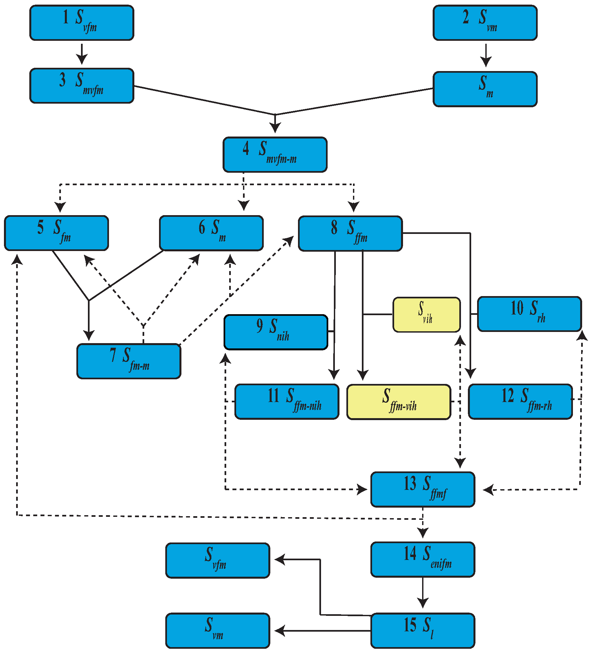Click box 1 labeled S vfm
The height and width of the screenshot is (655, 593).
click(x=82, y=23)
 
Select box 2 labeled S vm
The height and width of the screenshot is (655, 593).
click(x=485, y=23)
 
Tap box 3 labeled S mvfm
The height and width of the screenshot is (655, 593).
click(x=82, y=86)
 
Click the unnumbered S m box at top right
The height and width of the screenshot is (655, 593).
click(x=485, y=89)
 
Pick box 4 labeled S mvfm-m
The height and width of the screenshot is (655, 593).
click(x=275, y=155)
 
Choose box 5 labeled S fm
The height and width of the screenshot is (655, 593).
click(x=56, y=233)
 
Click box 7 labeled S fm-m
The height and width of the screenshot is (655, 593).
click(x=129, y=361)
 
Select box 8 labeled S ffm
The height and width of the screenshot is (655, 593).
click(x=350, y=234)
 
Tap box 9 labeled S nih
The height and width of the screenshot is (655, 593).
click(x=276, y=332)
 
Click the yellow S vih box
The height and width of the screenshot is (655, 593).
click(x=426, y=315)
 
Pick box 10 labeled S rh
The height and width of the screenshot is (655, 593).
click(x=529, y=314)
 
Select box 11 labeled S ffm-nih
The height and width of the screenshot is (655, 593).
click(x=287, y=401)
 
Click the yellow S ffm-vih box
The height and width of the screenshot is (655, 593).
click(x=398, y=402)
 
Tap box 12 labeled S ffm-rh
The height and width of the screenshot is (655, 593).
click(x=520, y=401)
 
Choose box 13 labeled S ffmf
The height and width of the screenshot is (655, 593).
click(x=422, y=490)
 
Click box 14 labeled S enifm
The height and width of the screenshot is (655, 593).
click(x=422, y=560)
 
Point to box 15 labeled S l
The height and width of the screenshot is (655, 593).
click(x=422, y=631)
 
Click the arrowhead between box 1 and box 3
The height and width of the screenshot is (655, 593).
click(x=82, y=60)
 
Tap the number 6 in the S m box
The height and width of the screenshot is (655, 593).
click(x=202, y=227)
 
